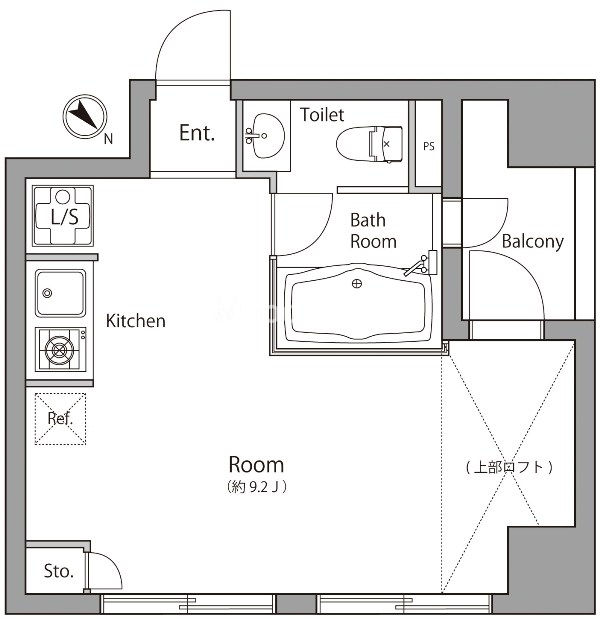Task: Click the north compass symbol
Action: click(x=85, y=116)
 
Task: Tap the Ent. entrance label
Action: click(x=197, y=133)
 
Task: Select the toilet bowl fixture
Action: click(x=369, y=144)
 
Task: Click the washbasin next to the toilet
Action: click(x=264, y=135)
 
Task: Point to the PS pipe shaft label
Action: click(x=429, y=146)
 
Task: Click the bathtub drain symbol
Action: click(x=357, y=283)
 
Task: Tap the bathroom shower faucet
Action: click(x=421, y=264)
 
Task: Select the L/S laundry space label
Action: click(x=64, y=217)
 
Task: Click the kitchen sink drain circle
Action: click(x=47, y=293)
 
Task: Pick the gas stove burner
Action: click(x=60, y=349)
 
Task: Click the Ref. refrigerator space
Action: click(x=60, y=418)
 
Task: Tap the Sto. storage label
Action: click(x=58, y=571)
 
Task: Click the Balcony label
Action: click(x=532, y=242)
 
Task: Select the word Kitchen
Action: click(x=135, y=321)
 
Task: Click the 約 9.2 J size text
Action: click(x=257, y=486)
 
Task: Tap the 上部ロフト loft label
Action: click(x=509, y=467)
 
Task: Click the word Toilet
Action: click(x=322, y=115)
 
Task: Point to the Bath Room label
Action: click(x=373, y=231)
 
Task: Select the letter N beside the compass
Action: click(x=108, y=139)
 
